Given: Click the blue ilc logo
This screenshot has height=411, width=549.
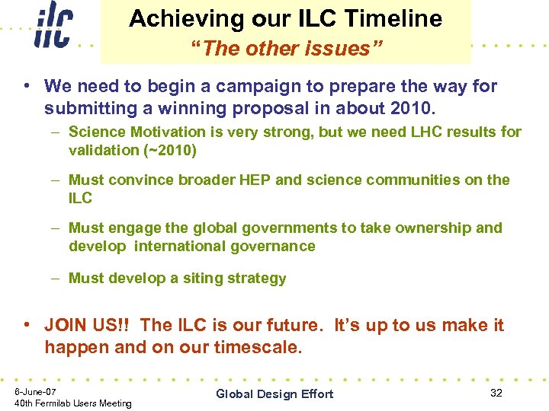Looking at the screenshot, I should [53, 27].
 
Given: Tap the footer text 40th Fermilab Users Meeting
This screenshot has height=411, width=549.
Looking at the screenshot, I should [73, 403].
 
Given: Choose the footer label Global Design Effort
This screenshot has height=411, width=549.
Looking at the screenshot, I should [274, 393].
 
